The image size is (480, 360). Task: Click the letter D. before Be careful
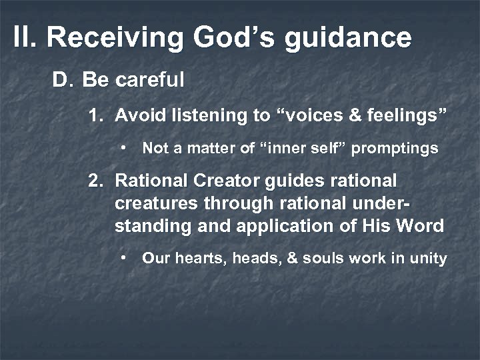(62, 81)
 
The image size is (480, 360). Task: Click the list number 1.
(96, 115)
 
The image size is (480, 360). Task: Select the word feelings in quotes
(405, 116)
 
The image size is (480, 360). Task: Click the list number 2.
(96, 181)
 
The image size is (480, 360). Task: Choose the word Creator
(216, 181)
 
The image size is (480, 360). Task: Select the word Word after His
(421, 226)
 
